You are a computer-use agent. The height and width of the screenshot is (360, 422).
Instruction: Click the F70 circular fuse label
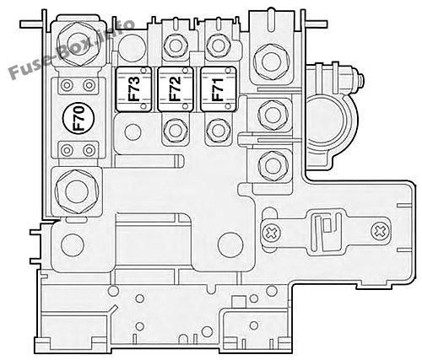point(79,118)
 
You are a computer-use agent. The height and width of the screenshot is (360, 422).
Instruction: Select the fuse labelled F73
point(133,89)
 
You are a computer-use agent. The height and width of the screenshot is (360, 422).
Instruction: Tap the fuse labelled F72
point(176,89)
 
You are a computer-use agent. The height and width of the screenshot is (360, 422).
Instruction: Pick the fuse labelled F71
point(218,89)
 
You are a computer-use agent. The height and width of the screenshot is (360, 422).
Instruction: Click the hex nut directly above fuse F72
point(175,46)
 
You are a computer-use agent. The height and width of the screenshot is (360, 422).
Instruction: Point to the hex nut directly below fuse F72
point(175,130)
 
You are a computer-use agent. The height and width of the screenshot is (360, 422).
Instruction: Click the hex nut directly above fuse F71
point(218,46)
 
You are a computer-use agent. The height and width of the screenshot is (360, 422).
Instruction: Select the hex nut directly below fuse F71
point(218,130)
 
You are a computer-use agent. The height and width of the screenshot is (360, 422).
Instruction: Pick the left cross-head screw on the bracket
point(271,232)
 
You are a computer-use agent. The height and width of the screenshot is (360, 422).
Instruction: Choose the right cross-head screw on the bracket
point(381,231)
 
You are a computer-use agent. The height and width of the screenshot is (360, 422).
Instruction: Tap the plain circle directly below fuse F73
point(133,132)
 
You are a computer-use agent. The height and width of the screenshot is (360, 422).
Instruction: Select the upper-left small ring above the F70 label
point(67,85)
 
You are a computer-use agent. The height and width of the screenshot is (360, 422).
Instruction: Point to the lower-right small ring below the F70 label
point(89,150)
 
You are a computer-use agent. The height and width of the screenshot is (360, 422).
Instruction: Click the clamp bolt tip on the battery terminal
point(360,80)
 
